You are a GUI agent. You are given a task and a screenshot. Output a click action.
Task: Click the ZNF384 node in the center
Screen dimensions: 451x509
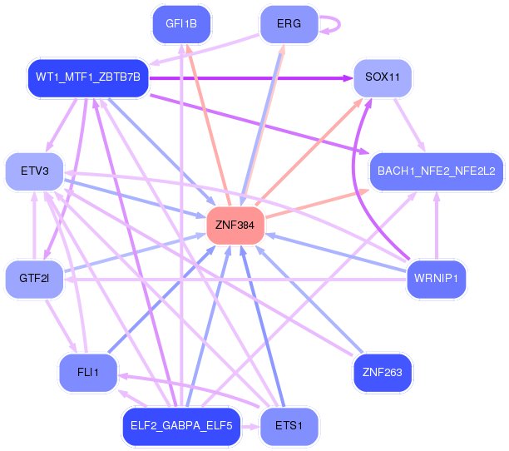[235, 225]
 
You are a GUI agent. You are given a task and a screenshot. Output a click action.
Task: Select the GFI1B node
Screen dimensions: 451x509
[181, 24]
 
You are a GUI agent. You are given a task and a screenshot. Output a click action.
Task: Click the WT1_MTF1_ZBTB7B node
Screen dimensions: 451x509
[88, 78]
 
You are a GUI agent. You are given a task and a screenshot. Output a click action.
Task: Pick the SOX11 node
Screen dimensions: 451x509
[383, 77]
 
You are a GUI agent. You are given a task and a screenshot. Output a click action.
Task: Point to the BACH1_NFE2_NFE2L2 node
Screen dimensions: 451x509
[436, 171]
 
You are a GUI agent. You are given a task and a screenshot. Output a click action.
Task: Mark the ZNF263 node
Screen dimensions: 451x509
[383, 372]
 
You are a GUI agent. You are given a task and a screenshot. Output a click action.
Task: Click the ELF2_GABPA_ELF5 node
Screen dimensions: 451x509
[181, 426]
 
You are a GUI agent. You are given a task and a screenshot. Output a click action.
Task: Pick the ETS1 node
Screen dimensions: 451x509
[288, 426]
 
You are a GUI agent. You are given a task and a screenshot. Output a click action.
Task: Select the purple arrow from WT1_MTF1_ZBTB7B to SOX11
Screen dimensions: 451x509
[250, 78]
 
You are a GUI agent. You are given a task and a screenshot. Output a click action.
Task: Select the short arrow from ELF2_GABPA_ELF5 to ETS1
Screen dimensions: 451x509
[251, 426]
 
